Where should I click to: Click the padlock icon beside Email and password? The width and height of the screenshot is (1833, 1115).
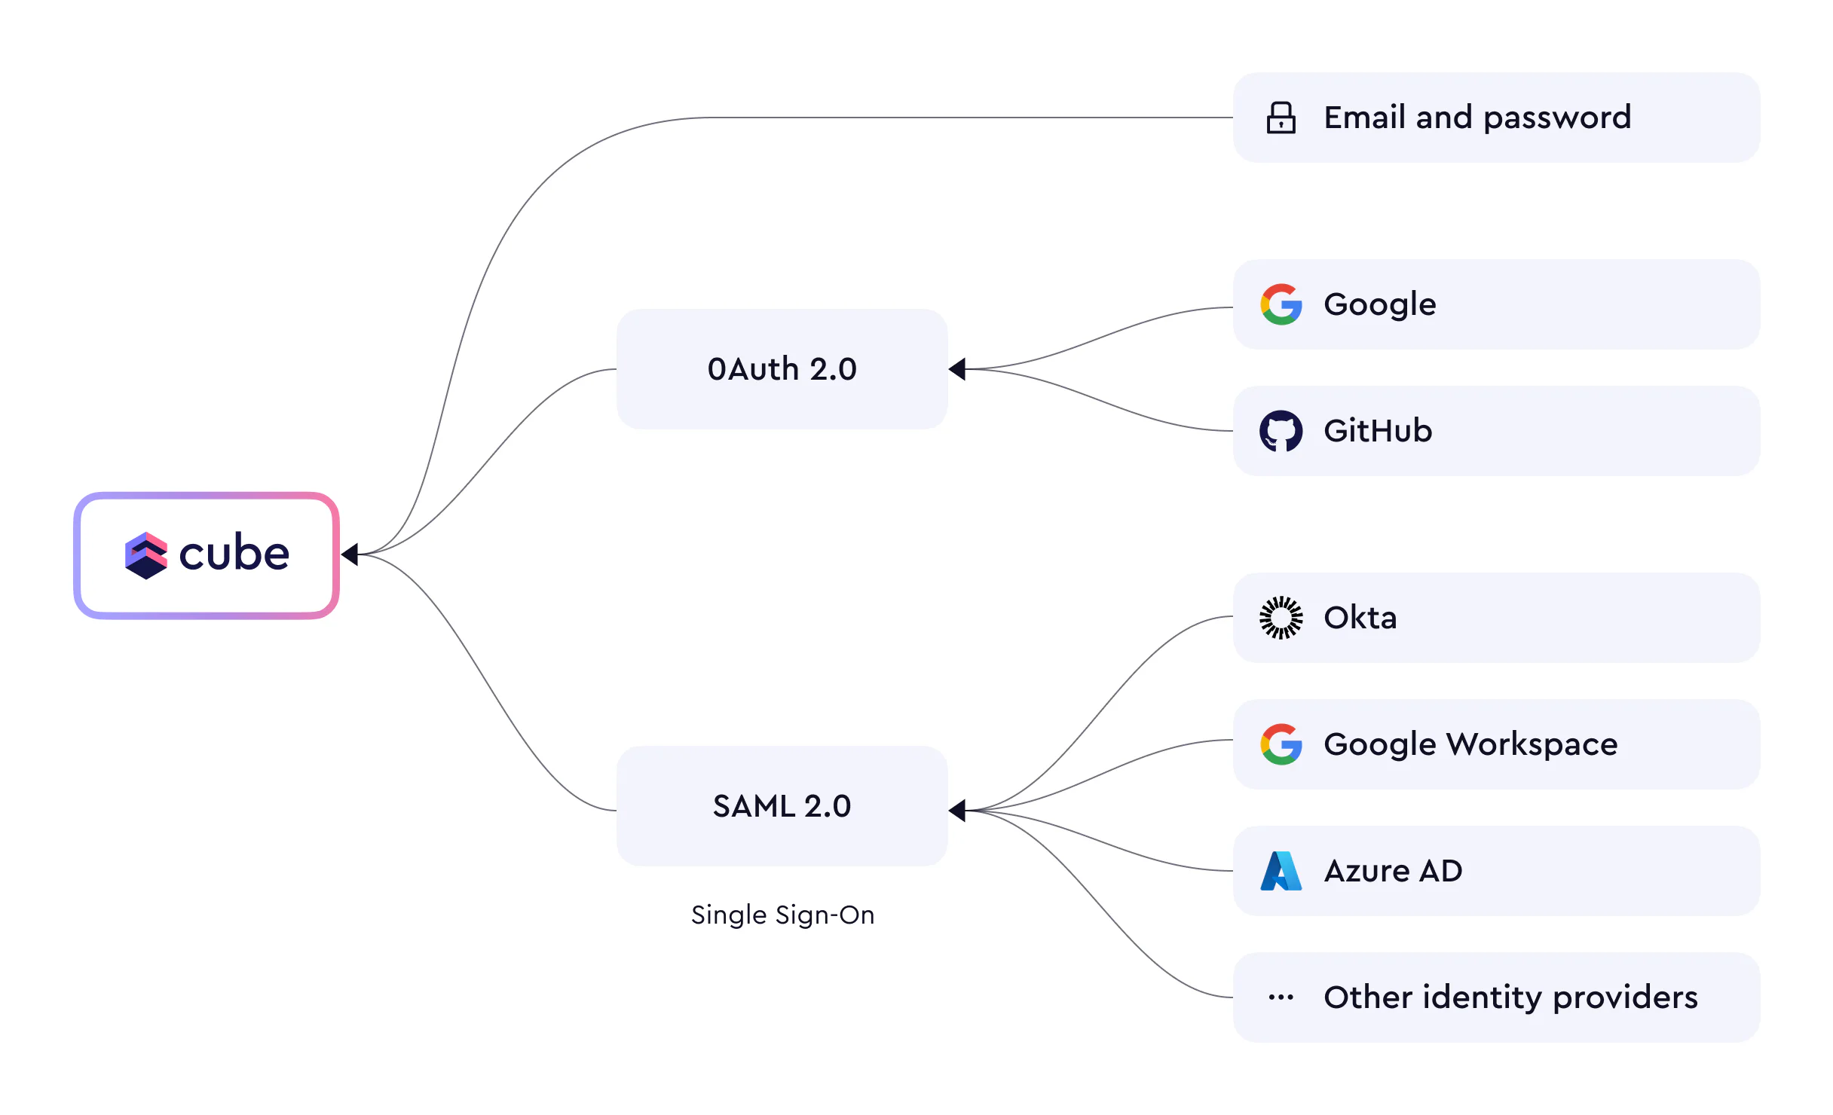(1281, 118)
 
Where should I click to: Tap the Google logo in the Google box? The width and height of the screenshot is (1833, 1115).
(1281, 304)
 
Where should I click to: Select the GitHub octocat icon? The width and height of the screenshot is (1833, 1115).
(1281, 431)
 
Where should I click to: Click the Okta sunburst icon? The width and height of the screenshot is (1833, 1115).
(1281, 618)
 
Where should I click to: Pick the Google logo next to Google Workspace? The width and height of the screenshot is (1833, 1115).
(1281, 744)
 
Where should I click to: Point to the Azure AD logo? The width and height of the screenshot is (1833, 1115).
(1281, 871)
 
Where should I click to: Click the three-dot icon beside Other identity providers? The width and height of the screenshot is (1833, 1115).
(1281, 997)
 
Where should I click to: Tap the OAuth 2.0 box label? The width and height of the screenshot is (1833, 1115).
(782, 369)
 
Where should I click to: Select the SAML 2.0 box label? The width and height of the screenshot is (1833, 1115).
(782, 806)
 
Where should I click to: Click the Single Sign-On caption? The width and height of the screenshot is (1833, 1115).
(782, 915)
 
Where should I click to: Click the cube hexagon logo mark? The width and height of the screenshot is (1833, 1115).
(145, 555)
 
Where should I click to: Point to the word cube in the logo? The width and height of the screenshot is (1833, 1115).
(234, 554)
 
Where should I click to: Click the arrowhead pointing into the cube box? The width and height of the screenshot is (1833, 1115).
(350, 554)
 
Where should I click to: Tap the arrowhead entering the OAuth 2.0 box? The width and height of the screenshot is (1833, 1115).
(957, 369)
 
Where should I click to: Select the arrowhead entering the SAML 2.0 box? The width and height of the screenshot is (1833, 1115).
(957, 811)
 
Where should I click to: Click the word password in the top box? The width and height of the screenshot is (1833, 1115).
(1557, 118)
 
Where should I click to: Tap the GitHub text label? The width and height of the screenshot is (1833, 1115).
(1378, 431)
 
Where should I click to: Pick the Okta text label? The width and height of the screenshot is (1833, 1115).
(1360, 618)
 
